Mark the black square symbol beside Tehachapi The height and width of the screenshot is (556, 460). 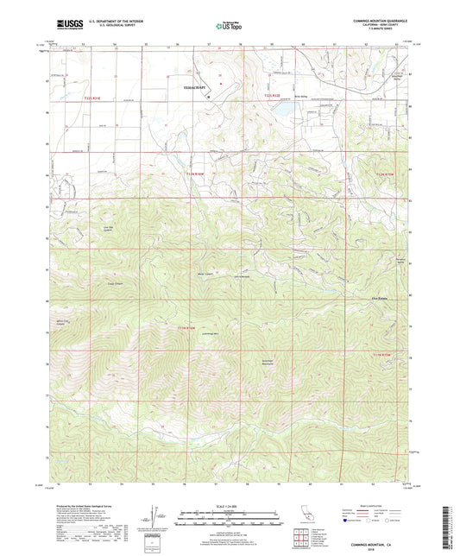pyautogui.click(x=207, y=97)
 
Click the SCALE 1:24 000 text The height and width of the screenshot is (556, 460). pyautogui.click(x=229, y=504)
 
